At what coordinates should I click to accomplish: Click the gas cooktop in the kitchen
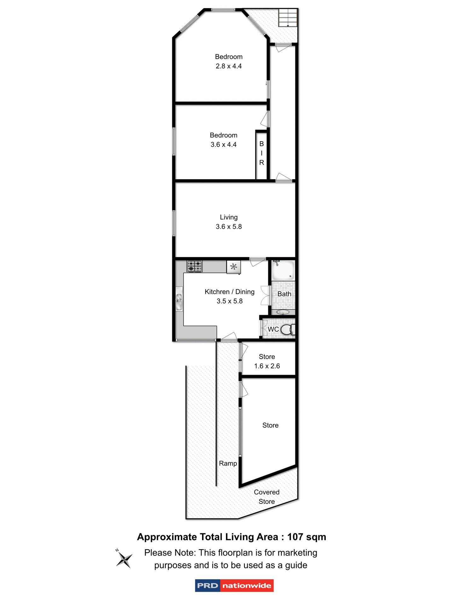click(x=195, y=266)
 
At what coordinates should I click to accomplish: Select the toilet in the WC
click(x=287, y=330)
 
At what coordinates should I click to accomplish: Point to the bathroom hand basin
click(x=283, y=312)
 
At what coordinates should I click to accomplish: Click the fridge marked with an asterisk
click(x=234, y=267)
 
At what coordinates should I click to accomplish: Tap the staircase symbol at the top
click(x=288, y=18)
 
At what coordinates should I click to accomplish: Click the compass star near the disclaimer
click(x=124, y=560)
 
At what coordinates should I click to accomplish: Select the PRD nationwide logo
click(x=234, y=585)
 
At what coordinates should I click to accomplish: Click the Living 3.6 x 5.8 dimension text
click(x=229, y=227)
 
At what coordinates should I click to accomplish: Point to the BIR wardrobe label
click(x=261, y=153)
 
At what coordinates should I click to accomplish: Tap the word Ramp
click(x=228, y=464)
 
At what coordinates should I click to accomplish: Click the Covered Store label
click(x=266, y=497)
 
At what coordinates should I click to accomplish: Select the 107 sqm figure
click(x=306, y=537)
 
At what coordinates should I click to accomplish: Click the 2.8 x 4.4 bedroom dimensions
click(x=229, y=66)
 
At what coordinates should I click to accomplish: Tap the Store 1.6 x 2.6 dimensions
click(x=267, y=366)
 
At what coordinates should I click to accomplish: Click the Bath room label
click(x=284, y=294)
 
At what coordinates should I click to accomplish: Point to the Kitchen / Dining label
click(x=229, y=292)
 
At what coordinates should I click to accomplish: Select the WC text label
click(x=273, y=329)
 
